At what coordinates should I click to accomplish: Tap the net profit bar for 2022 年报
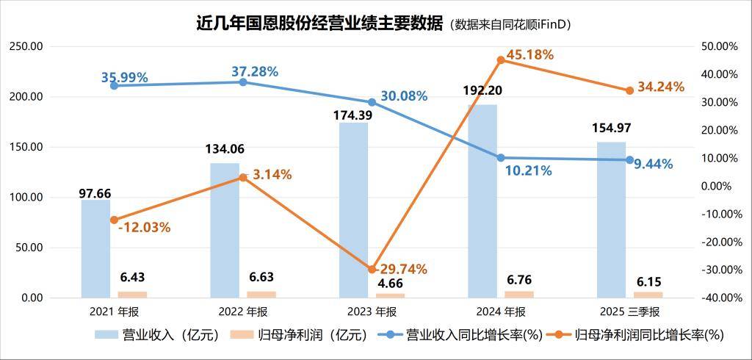click(261, 294)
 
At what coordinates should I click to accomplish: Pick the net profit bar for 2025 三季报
click(648, 294)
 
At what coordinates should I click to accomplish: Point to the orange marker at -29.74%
click(372, 270)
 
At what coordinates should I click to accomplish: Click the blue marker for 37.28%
click(243, 82)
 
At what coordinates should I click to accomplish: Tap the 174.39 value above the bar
click(352, 115)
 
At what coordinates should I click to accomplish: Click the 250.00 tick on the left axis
click(26, 46)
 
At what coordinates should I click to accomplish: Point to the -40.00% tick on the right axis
click(720, 298)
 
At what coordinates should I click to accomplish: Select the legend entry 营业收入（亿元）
click(157, 335)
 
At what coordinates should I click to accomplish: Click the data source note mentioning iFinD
click(510, 24)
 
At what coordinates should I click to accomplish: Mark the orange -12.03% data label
click(144, 228)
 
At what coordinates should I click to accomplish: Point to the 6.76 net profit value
click(518, 280)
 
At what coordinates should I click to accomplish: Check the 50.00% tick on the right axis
click(720, 46)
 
